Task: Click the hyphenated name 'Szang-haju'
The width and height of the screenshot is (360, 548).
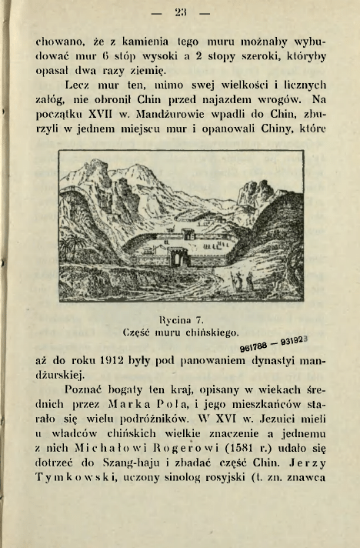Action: (x=117, y=459)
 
